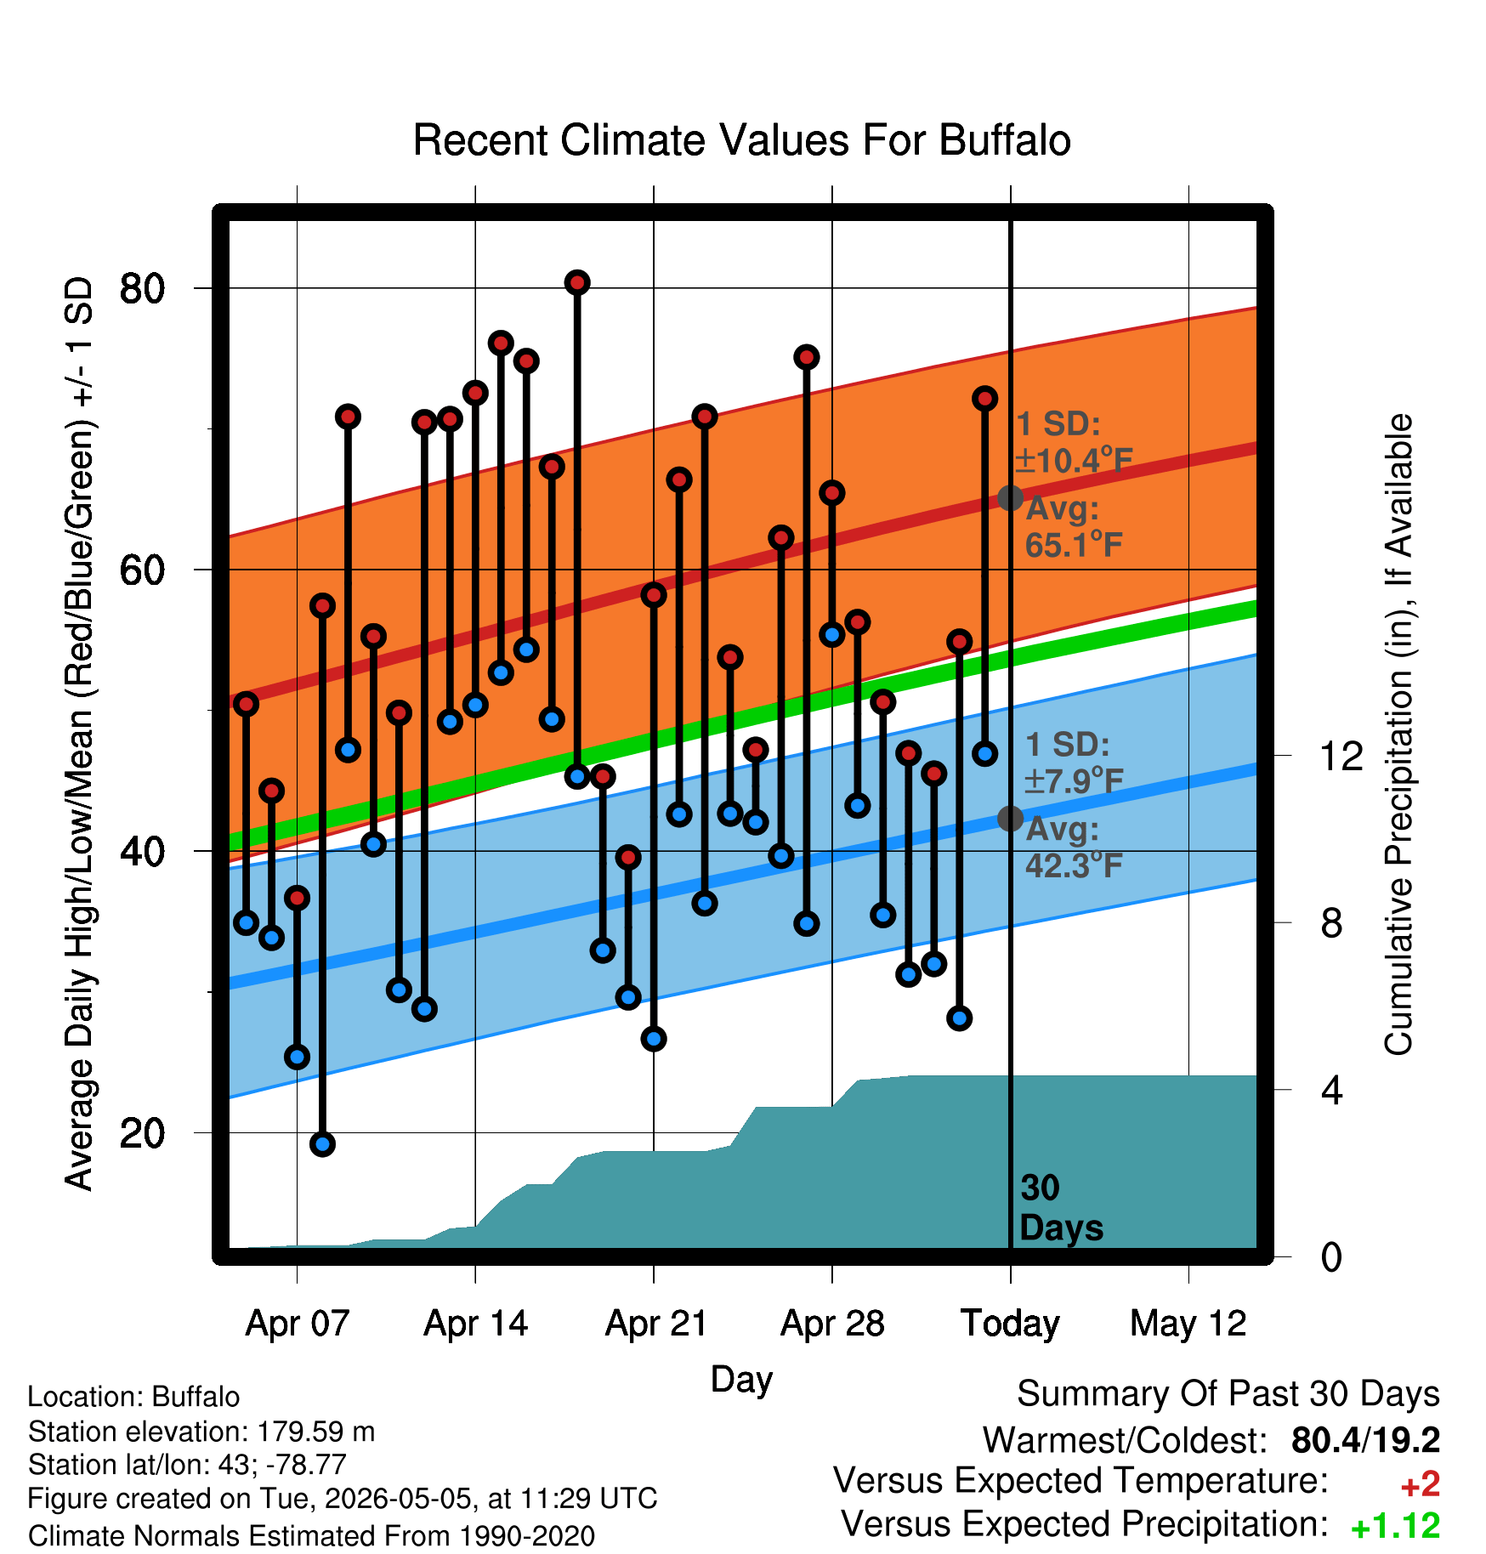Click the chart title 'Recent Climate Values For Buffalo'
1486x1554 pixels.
click(x=741, y=140)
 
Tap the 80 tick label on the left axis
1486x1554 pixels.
click(x=142, y=288)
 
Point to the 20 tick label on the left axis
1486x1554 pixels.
click(x=142, y=1133)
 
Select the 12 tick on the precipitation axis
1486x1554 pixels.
click(x=1341, y=756)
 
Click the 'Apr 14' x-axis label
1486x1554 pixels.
click(x=476, y=1324)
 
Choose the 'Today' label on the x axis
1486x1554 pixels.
click(x=1010, y=1324)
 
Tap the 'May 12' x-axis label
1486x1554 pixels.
click(x=1188, y=1324)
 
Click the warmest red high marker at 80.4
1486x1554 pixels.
click(x=577, y=282)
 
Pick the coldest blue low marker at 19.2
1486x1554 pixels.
click(x=322, y=1144)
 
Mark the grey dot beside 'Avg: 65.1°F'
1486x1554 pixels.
click(x=1010, y=498)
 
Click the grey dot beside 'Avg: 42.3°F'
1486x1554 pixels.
click(x=1010, y=819)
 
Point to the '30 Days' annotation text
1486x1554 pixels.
click(x=1061, y=1208)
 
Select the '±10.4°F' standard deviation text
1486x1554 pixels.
click(x=1074, y=460)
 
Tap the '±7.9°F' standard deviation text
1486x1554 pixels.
click(x=1074, y=780)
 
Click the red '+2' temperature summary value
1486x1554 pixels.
click(x=1421, y=1484)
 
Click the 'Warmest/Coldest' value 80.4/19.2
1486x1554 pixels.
click(x=1365, y=1440)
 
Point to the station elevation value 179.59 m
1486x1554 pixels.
click(x=315, y=1432)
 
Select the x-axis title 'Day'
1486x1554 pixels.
click(x=741, y=1379)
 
